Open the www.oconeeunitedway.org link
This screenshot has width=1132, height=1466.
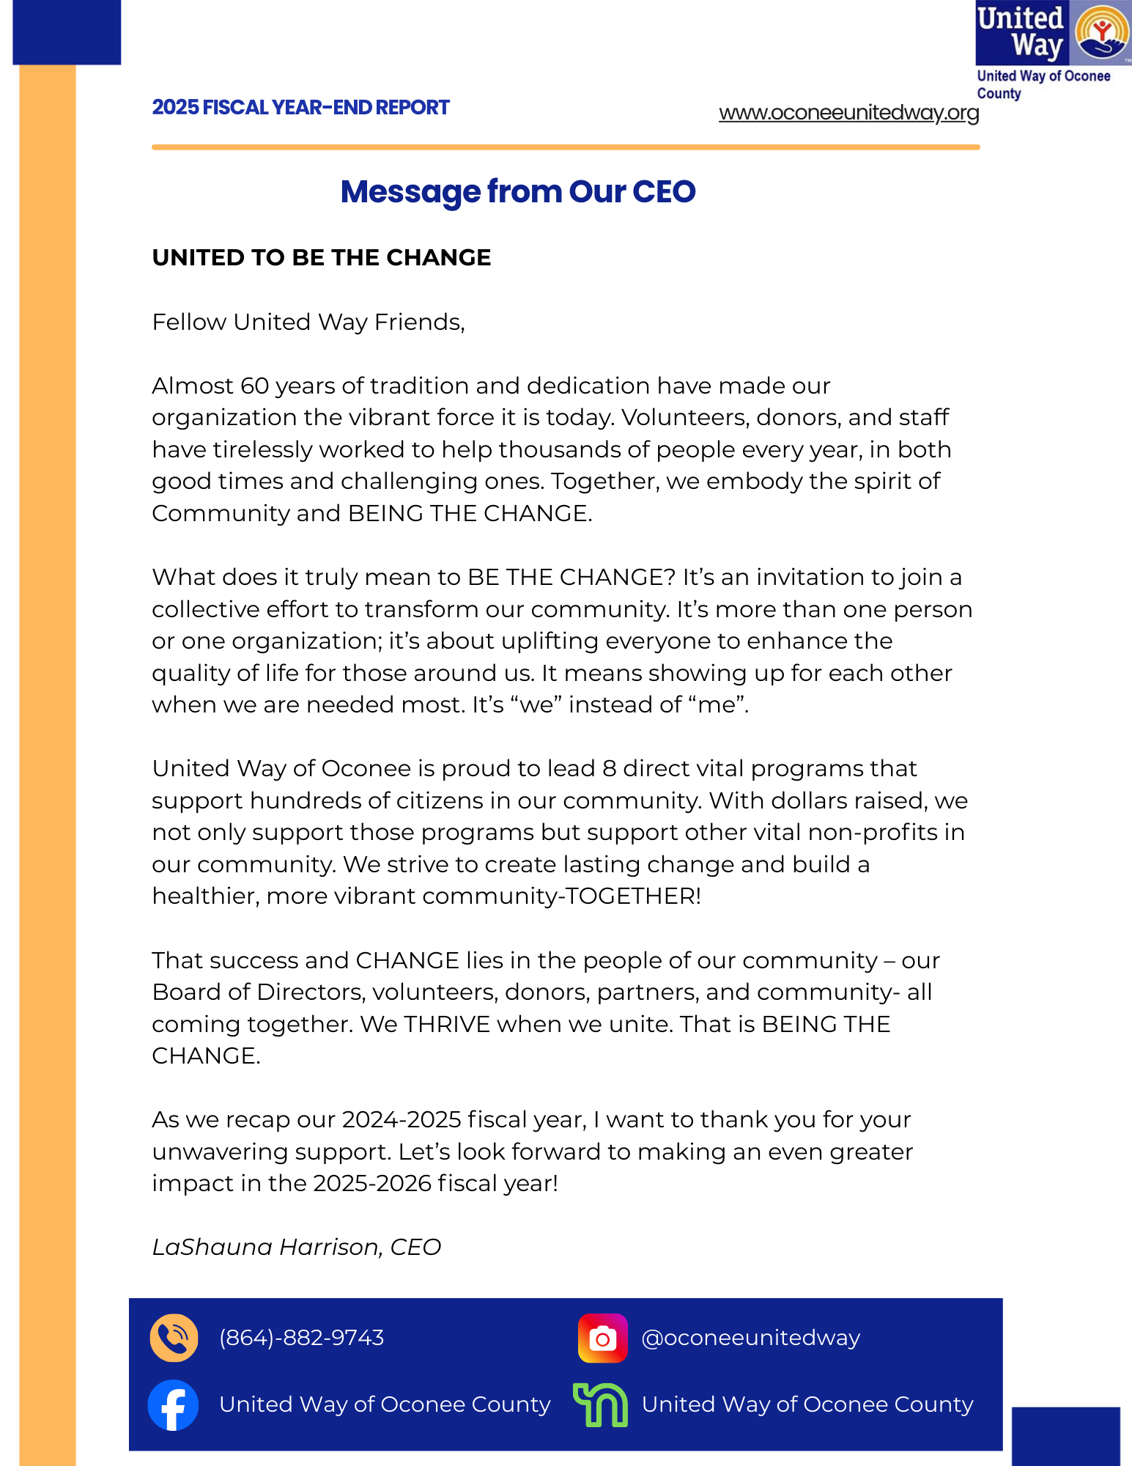pyautogui.click(x=848, y=113)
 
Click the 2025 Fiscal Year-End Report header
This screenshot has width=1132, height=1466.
pyautogui.click(x=300, y=108)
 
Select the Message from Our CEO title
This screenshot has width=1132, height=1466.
pyautogui.click(x=518, y=191)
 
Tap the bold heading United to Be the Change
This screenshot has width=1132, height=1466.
pyautogui.click(x=321, y=258)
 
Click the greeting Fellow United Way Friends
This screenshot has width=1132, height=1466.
pyautogui.click(x=308, y=322)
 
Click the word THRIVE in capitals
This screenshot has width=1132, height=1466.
pyautogui.click(x=446, y=1024)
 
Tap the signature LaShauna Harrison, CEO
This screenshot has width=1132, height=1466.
pyautogui.click(x=296, y=1247)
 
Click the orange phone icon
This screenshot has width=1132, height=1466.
pyautogui.click(x=174, y=1338)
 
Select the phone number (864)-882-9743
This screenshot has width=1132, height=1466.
pyautogui.click(x=301, y=1338)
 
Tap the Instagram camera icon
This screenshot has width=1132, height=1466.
pyautogui.click(x=602, y=1338)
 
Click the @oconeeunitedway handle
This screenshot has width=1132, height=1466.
pyautogui.click(x=750, y=1338)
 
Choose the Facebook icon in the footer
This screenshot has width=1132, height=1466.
pyautogui.click(x=173, y=1404)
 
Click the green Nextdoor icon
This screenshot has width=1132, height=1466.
pyautogui.click(x=601, y=1404)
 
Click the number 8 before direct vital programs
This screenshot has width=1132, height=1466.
pyautogui.click(x=609, y=768)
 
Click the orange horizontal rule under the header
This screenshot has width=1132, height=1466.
pyautogui.click(x=566, y=147)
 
